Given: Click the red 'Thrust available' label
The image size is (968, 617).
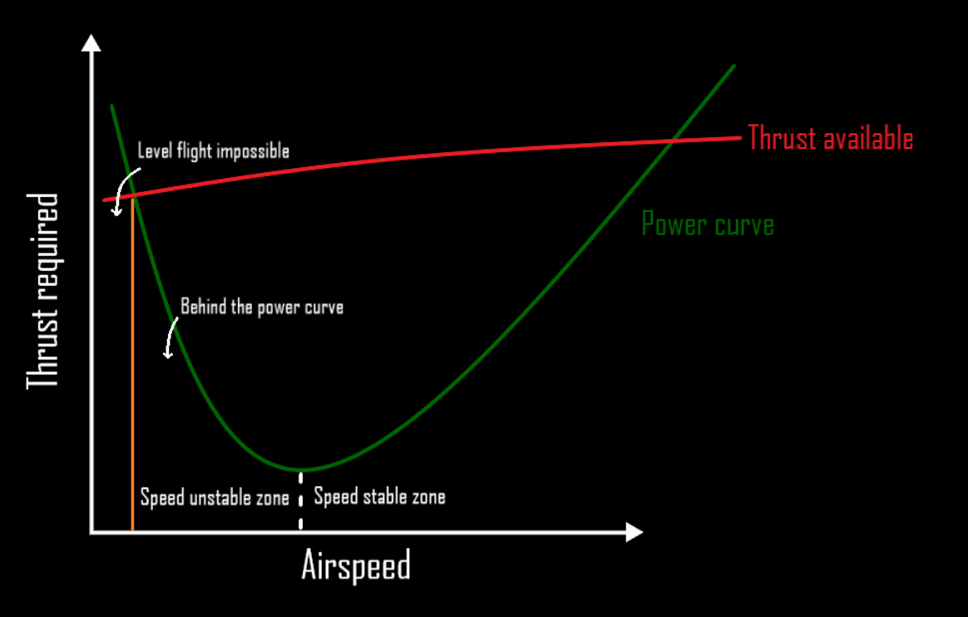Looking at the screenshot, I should (x=830, y=138).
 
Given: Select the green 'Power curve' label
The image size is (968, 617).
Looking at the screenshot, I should (x=708, y=225).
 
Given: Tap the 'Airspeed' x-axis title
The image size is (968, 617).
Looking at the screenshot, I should (x=356, y=566).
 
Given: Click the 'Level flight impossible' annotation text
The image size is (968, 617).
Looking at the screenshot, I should (x=213, y=151).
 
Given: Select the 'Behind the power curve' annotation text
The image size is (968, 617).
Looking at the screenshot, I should (x=262, y=307).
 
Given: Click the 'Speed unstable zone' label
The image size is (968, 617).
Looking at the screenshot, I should (x=215, y=497).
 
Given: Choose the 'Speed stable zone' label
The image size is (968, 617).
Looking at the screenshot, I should (x=379, y=497).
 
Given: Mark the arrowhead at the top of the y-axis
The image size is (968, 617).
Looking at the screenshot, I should (x=91, y=43).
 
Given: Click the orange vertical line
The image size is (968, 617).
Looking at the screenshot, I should (x=132, y=374).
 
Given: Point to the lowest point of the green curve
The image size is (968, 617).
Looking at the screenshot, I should (x=300, y=470).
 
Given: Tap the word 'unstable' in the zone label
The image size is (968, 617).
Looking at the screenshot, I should (x=211, y=497).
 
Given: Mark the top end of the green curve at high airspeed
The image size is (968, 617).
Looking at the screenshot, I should (x=734, y=66).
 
